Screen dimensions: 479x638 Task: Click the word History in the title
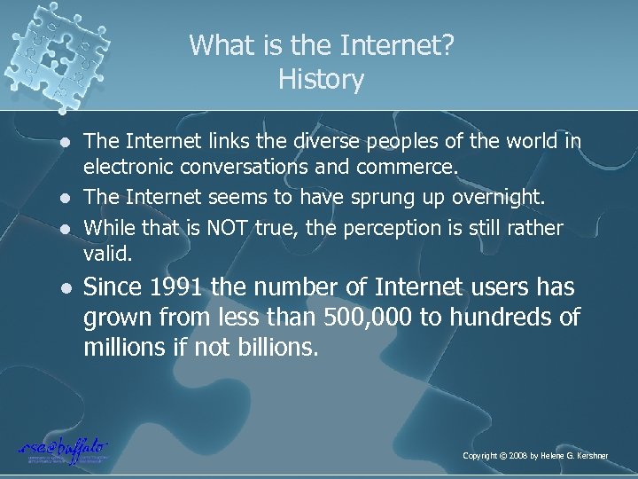pyautogui.click(x=320, y=80)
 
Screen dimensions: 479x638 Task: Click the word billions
pyautogui.click(x=275, y=346)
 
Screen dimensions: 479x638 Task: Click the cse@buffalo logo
pyautogui.click(x=61, y=449)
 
